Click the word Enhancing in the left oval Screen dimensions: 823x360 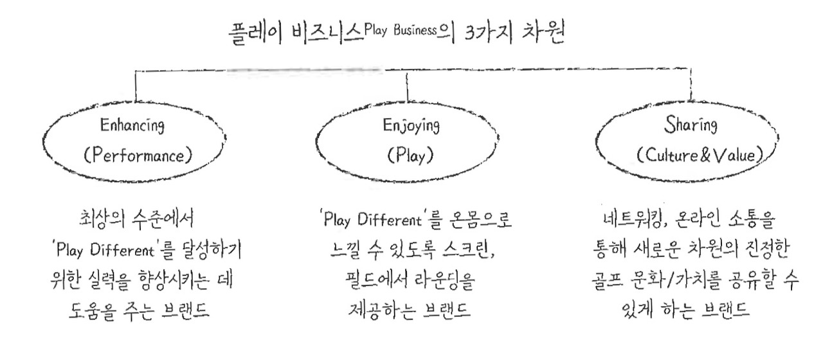pyautogui.click(x=132, y=127)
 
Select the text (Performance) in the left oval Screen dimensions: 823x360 pyautogui.click(x=132, y=156)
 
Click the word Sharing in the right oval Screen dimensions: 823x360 pyautogui.click(x=685, y=126)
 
